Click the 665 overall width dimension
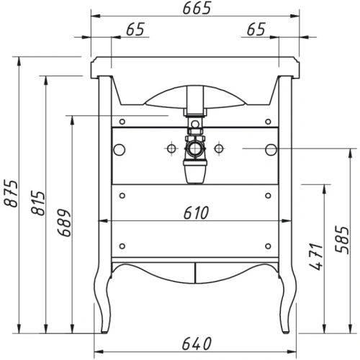pos(194,8)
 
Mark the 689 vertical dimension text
pos(66,222)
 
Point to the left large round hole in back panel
pos(118,149)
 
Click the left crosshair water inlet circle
pos(172,149)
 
